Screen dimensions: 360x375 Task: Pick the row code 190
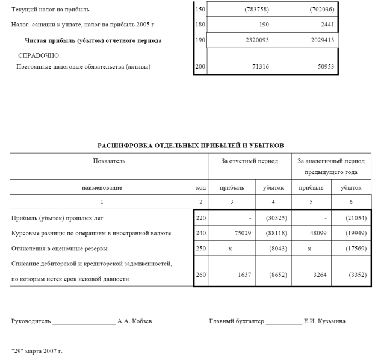(200, 40)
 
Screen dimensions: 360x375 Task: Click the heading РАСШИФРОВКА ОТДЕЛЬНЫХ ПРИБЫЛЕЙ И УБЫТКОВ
(190, 146)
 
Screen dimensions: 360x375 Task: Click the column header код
(200, 188)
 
